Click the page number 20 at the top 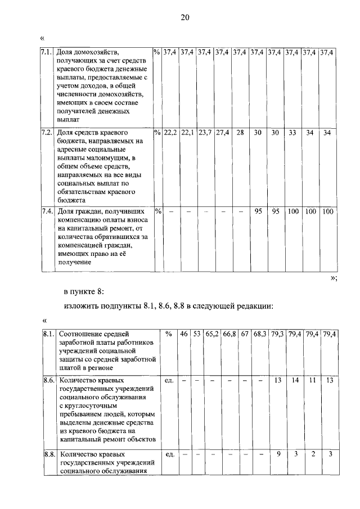coord(185,17)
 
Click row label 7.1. coord(47,52)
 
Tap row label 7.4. coord(47,211)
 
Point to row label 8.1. coord(49,334)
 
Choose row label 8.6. coord(49,381)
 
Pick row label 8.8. coord(49,454)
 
